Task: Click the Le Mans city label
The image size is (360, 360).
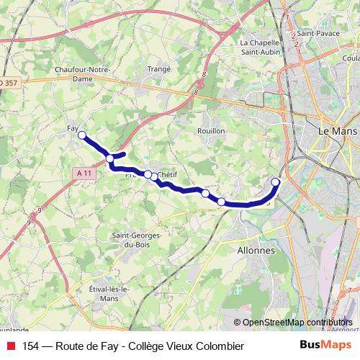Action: (337, 132)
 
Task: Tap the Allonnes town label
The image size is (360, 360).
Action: (255, 251)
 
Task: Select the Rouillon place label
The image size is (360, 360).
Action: (211, 131)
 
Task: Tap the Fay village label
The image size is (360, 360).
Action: (71, 128)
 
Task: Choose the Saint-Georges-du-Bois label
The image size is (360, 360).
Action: (137, 239)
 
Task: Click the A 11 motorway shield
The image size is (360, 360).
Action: (84, 173)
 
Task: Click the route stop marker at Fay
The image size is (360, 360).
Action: (82, 135)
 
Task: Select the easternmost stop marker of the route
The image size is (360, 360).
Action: (276, 181)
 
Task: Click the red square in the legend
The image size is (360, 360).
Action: (9, 346)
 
